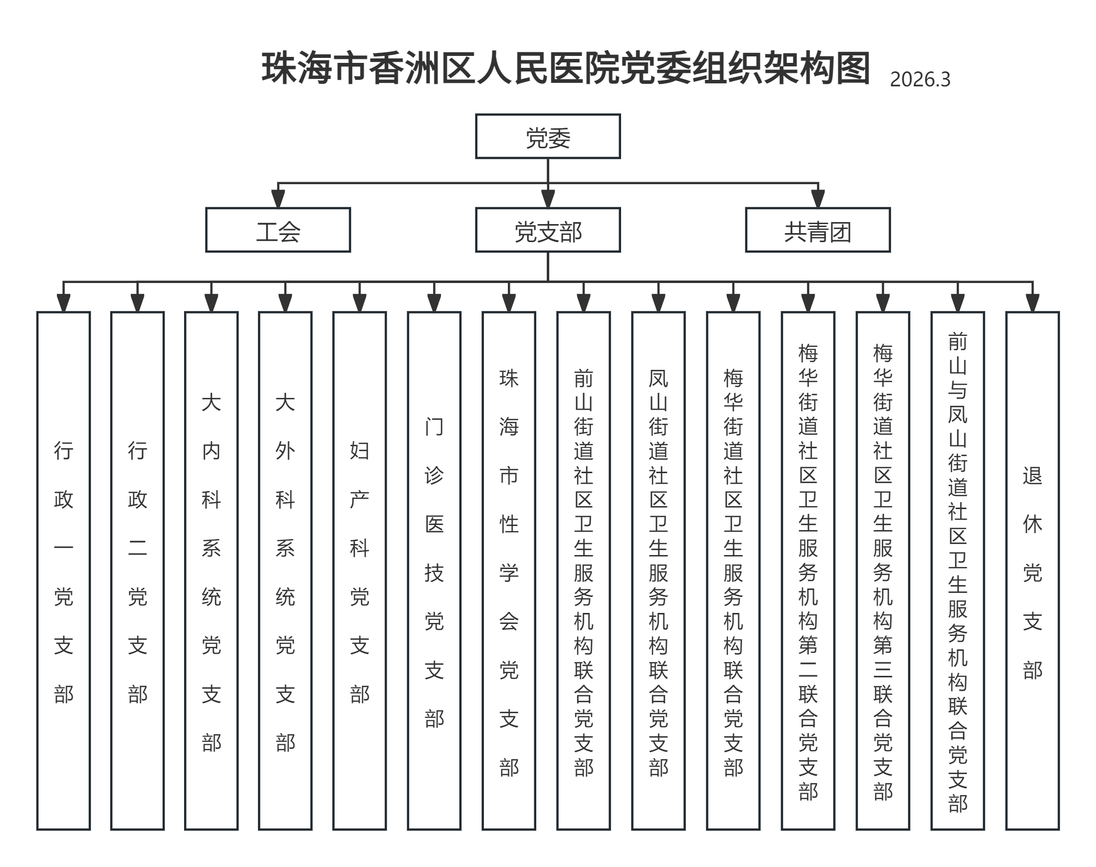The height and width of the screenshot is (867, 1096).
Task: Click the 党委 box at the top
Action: (x=547, y=137)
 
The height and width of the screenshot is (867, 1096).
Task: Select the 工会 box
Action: (x=278, y=230)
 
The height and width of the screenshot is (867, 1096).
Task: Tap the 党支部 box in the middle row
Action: (x=547, y=230)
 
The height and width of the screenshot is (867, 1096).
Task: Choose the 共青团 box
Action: (x=818, y=230)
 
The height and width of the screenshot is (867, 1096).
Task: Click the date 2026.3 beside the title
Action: (x=919, y=80)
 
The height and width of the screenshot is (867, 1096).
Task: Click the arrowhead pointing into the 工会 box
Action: (x=278, y=199)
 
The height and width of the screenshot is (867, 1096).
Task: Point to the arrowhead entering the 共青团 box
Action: (x=818, y=199)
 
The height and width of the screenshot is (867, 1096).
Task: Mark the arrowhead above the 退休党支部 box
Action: (x=1032, y=303)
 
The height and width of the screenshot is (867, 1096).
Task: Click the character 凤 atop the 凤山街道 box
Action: (x=658, y=378)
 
